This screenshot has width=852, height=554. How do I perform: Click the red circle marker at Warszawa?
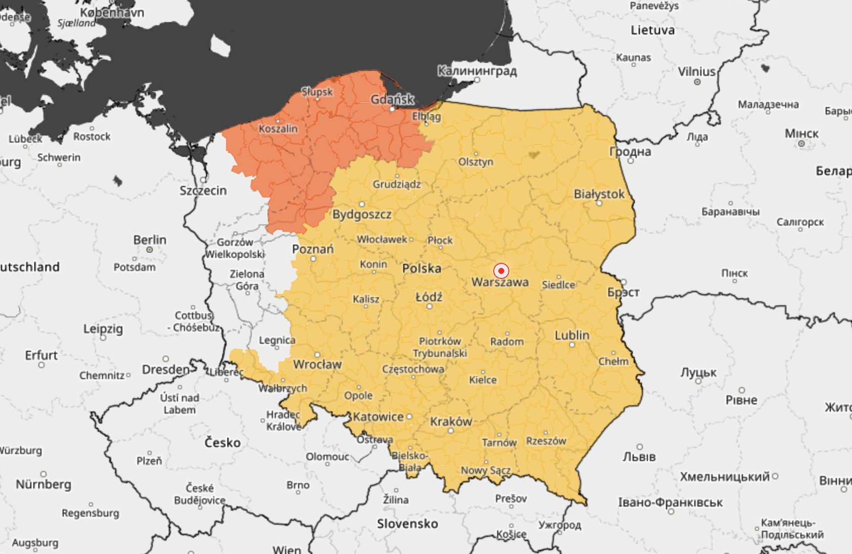point(501,271)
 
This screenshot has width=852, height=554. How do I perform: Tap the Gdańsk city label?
point(392,100)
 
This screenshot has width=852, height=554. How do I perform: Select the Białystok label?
point(599,194)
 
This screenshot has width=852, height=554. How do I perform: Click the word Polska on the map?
point(421,268)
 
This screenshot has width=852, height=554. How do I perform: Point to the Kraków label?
point(451,422)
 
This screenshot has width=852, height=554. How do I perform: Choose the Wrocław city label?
point(317,364)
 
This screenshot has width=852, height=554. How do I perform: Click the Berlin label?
point(150,240)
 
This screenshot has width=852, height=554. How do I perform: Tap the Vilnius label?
point(696,72)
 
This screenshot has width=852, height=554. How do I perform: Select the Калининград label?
point(477,71)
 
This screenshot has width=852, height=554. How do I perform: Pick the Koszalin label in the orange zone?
point(278,129)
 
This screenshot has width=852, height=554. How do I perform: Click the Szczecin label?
point(203,191)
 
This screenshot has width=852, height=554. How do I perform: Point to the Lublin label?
point(572,335)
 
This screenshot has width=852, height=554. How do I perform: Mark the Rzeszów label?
point(546,441)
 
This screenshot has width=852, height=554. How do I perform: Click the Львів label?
point(639,457)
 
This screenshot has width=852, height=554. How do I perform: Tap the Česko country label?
point(222,443)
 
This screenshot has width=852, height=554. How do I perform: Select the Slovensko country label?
point(407,524)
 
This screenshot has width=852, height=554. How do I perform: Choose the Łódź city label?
point(429,297)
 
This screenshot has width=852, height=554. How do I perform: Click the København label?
point(112,12)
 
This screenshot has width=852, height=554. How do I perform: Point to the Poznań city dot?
point(313,259)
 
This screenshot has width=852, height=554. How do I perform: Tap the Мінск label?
point(801,134)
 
